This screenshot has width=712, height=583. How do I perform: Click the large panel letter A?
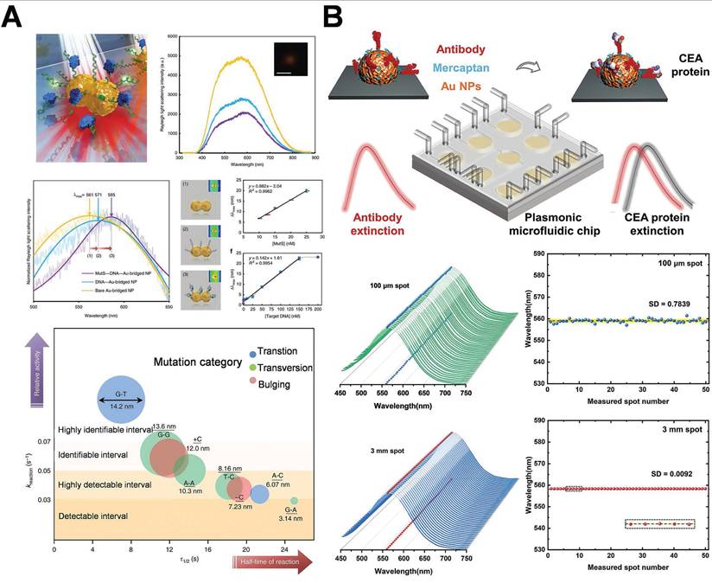[13, 16]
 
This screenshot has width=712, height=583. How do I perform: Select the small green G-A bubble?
[294, 501]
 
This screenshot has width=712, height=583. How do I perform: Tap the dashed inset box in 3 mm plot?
[658, 524]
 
